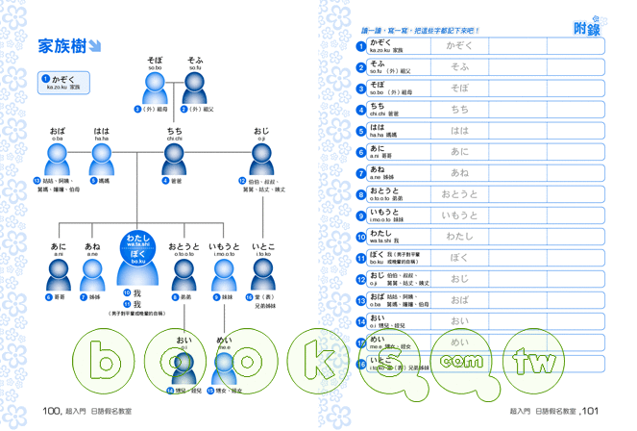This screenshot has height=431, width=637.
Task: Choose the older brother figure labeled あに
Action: [x=59, y=276]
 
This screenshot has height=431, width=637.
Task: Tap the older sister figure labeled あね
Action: [x=92, y=276]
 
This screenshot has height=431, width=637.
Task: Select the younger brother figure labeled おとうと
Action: [x=183, y=276]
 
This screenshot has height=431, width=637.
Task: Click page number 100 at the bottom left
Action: [x=53, y=411]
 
